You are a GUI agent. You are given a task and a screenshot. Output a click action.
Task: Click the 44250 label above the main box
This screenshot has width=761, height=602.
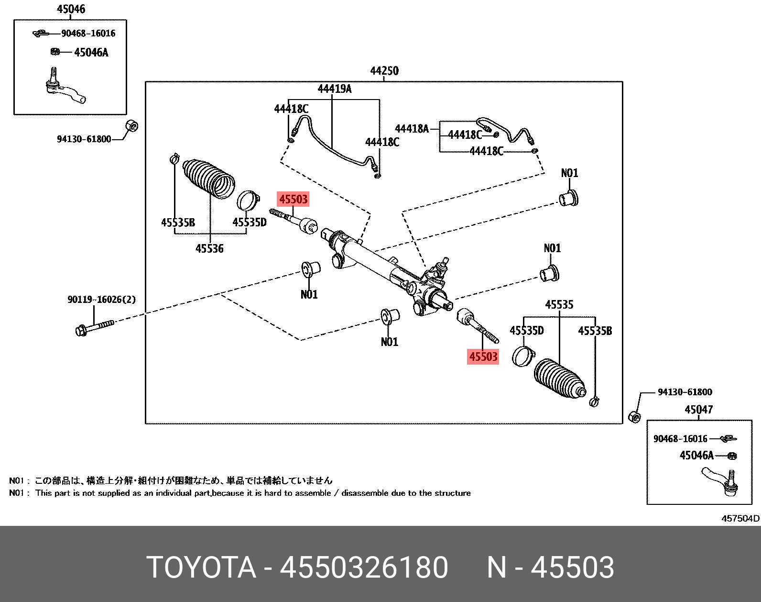coord(384,71)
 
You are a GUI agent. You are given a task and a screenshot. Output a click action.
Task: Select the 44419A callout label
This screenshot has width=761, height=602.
coord(334,89)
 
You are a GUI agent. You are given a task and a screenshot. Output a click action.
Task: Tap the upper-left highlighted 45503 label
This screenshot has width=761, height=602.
coord(293,199)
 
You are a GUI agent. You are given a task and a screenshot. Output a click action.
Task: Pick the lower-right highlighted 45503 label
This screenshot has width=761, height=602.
coord(483,357)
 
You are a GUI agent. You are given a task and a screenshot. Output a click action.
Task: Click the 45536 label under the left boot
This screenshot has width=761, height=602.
coord(209,248)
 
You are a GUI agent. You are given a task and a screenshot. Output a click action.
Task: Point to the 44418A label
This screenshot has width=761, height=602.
coord(412,128)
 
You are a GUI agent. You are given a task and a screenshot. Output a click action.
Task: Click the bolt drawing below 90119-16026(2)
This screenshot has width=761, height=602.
coord(95,327)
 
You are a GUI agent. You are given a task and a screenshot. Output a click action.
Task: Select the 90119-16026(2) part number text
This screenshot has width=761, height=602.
coord(101,300)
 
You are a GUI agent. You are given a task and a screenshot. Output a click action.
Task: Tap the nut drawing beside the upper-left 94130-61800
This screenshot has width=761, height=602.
coord(132,126)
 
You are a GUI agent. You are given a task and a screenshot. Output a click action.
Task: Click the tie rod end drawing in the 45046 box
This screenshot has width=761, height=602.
coord(65,89)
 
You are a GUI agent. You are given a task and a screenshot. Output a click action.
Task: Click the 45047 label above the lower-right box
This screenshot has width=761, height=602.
coord(698,410)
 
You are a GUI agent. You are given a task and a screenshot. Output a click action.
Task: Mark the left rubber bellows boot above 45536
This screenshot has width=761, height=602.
coord(208,177)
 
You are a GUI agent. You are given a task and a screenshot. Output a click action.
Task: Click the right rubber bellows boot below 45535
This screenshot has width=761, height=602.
coord(558,378)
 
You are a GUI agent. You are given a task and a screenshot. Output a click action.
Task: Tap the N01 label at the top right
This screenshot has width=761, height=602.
coord(569,173)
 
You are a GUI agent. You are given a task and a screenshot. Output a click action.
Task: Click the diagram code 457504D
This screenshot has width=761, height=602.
coord(740,518)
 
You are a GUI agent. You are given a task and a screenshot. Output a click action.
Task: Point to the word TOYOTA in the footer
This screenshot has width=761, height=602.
coord(201,568)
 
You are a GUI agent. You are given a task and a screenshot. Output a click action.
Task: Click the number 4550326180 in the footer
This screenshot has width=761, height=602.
coord(364,568)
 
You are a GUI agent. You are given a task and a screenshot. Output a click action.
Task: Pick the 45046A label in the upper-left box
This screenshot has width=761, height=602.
coord(91,53)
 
